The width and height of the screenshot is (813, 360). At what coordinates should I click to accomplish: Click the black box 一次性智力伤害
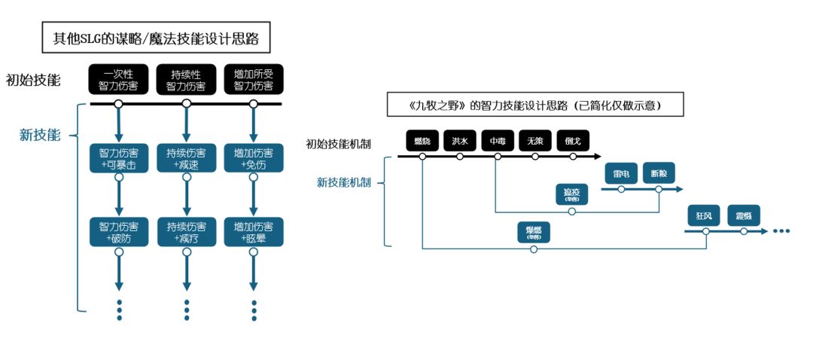118,81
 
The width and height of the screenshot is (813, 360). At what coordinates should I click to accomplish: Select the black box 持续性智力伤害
186,81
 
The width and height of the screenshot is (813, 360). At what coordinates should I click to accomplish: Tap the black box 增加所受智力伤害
254,81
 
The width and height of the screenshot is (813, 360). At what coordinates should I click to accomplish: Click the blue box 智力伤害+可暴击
118,158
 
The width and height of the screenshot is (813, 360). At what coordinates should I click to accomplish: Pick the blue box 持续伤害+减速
186,158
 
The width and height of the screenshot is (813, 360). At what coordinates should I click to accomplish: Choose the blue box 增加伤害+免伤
254,158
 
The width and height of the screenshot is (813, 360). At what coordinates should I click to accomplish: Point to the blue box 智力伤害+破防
118,232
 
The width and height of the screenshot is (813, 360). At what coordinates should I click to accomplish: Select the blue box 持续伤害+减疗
186,232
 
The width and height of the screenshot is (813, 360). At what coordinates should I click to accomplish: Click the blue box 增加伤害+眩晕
254,232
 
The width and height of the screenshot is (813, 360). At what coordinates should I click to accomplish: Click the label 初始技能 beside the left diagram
33,79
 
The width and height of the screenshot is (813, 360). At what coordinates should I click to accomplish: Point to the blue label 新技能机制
343,182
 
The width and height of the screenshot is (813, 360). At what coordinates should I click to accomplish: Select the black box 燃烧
422,140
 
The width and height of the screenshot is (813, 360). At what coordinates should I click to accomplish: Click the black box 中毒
498,140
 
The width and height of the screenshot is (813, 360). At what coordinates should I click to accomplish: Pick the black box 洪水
460,140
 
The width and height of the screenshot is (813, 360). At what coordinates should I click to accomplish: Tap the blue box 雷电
621,174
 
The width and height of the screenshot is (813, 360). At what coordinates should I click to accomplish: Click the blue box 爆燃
533,232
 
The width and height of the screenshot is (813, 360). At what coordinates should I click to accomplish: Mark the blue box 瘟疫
571,194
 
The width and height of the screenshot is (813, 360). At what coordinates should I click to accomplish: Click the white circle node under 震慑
744,232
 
